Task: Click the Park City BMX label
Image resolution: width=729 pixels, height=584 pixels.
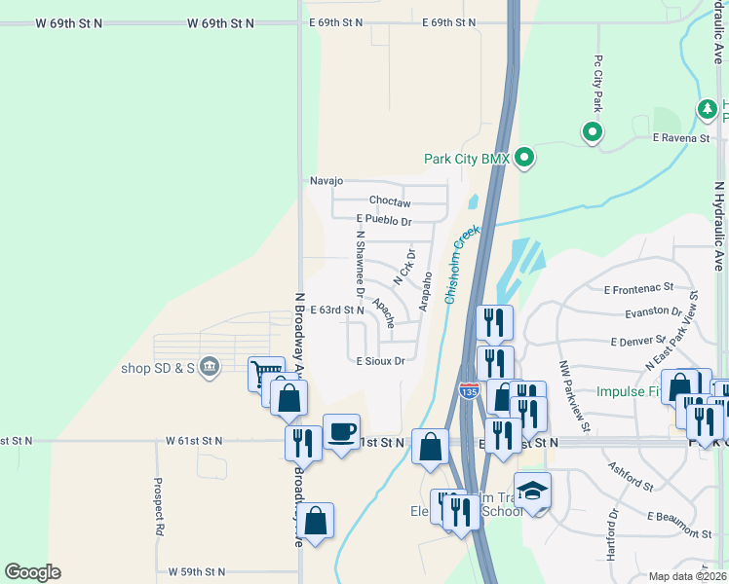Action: [467, 159]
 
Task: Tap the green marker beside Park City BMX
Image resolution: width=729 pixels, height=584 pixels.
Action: [524, 157]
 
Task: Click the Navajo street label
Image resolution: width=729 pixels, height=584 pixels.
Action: [326, 181]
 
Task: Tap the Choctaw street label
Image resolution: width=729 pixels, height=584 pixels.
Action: [390, 203]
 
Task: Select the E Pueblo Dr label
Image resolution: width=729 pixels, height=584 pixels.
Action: [384, 221]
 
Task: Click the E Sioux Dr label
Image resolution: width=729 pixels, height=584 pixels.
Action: [380, 361]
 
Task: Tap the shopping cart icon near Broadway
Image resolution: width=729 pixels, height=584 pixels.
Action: [264, 371]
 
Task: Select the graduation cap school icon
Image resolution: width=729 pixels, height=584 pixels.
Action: [533, 491]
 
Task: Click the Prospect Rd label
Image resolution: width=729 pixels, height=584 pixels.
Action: [158, 507]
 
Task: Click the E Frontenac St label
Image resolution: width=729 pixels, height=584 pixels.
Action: [638, 288]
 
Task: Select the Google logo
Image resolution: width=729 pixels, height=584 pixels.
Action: [31, 572]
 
